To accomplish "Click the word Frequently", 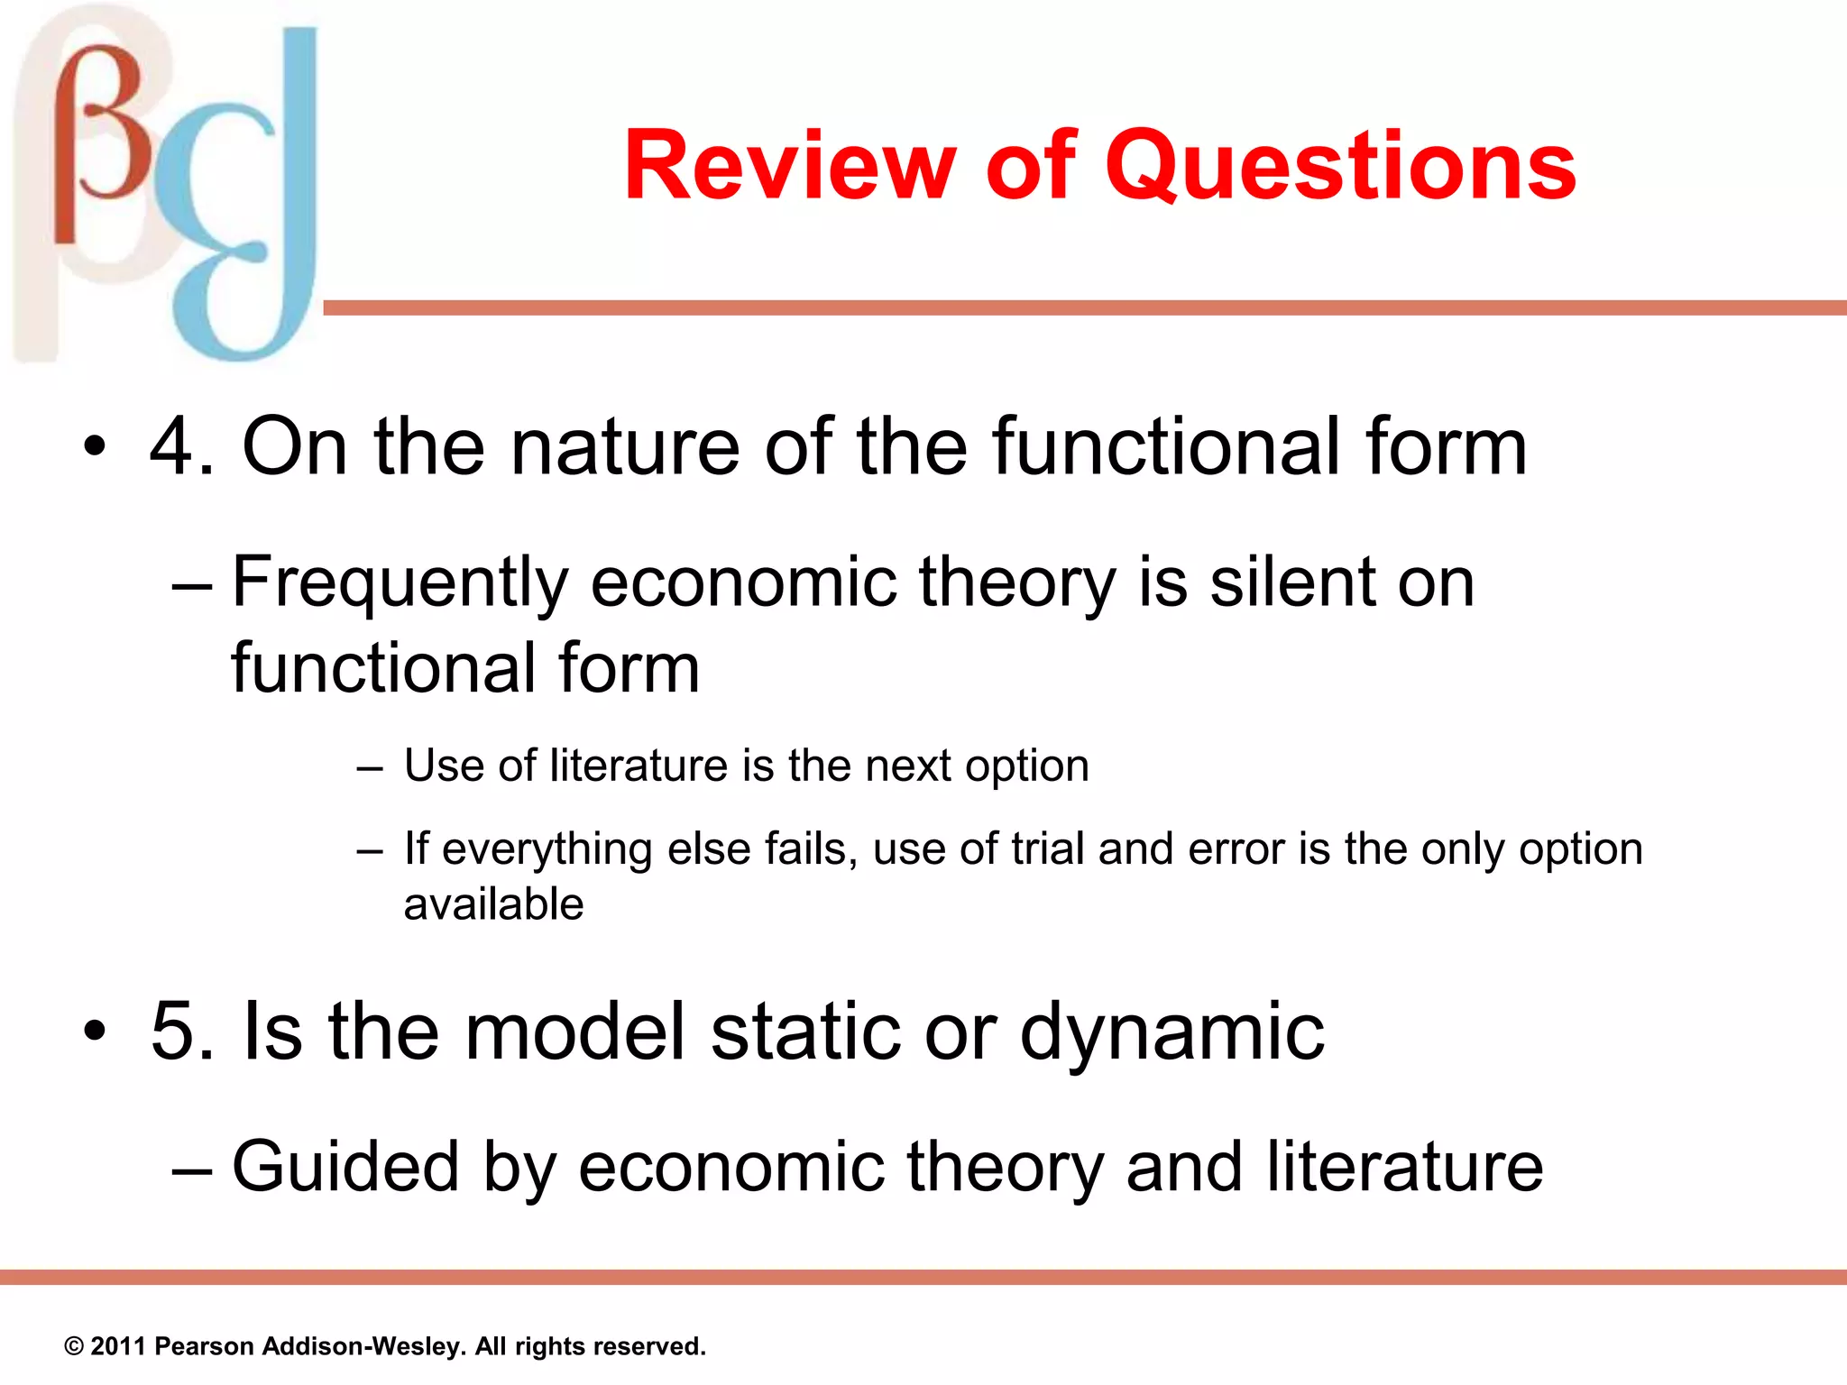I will tap(400, 584).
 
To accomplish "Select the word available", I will tap(493, 904).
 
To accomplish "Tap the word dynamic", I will tap(1172, 1033).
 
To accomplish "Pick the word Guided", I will tap(345, 1167).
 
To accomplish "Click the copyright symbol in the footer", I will tap(74, 1347).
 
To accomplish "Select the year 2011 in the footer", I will tap(118, 1347).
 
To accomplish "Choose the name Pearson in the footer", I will tap(204, 1347).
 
